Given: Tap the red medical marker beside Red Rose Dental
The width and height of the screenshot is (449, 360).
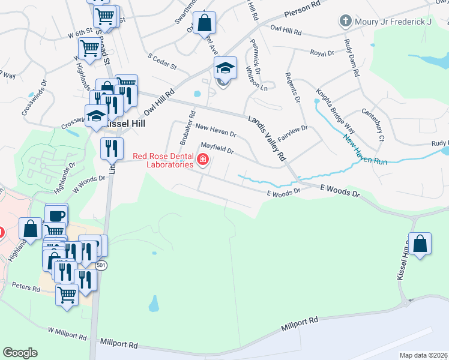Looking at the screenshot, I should [203, 160].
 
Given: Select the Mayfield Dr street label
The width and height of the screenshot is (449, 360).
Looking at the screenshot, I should [217, 147].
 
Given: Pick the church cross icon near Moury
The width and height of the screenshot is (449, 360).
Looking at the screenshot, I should [346, 22].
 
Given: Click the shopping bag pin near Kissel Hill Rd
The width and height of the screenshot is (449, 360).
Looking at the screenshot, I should [420, 244].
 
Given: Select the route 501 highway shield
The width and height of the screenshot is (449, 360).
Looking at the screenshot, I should [103, 265].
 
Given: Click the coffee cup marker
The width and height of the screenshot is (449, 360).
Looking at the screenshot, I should [56, 215].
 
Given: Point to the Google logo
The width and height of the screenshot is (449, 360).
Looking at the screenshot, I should [20, 353].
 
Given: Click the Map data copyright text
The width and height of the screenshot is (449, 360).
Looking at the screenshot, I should [423, 355].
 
